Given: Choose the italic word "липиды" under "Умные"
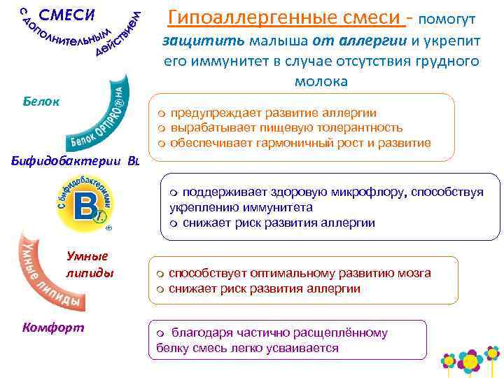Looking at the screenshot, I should (x=90, y=272).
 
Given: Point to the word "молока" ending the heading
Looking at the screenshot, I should (x=321, y=82).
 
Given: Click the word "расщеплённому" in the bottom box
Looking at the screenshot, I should (x=343, y=332).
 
